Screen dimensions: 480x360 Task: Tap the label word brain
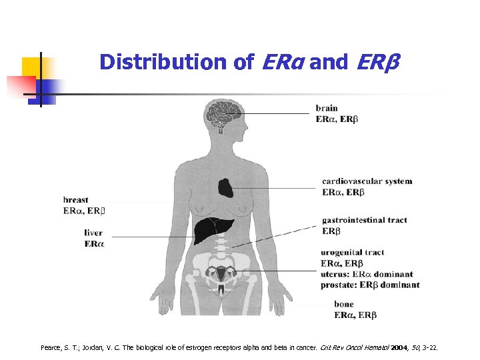tap(327, 108)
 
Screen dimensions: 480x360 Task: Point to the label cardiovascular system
tap(367, 181)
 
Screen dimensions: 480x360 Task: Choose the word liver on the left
tap(94, 233)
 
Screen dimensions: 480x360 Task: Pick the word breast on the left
tap(76, 200)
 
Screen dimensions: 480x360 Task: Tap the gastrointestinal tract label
tap(364, 220)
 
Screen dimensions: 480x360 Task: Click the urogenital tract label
tap(353, 253)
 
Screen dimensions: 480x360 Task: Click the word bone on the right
tap(345, 305)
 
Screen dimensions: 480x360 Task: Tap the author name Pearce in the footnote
tap(50, 348)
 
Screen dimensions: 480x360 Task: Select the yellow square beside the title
tap(32, 67)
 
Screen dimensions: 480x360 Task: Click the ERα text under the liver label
tap(94, 244)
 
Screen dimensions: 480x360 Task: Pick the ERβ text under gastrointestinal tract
tap(331, 231)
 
